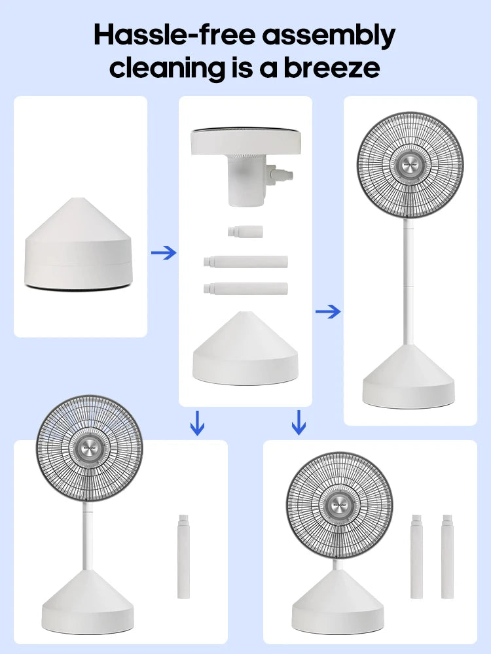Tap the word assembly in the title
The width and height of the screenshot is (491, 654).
pyautogui.click(x=329, y=37)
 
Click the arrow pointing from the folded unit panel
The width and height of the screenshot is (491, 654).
pyautogui.click(x=164, y=252)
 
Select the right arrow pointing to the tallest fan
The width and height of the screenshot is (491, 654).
pyautogui.click(x=328, y=311)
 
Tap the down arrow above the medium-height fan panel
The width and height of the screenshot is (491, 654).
pyautogui.click(x=197, y=423)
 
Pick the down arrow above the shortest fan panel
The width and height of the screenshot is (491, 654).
pyautogui.click(x=299, y=422)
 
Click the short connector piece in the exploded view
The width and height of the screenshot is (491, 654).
pyautogui.click(x=245, y=232)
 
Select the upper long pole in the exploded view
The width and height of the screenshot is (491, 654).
pyautogui.click(x=245, y=262)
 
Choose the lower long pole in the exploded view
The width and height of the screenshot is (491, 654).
pyautogui.click(x=245, y=288)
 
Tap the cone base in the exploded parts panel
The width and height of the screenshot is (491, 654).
pyautogui.click(x=245, y=349)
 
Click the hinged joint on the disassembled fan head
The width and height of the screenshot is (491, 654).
pyautogui.click(x=278, y=175)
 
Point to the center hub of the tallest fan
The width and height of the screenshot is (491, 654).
pyautogui.click(x=410, y=164)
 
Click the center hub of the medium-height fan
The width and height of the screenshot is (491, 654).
pyautogui.click(x=89, y=447)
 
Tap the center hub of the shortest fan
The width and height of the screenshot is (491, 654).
pyautogui.click(x=339, y=506)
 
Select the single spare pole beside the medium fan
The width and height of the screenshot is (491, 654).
pyautogui.click(x=184, y=557)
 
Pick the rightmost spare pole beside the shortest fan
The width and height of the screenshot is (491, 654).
pyautogui.click(x=448, y=557)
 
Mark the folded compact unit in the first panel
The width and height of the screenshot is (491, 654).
pyautogui.click(x=79, y=244)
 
